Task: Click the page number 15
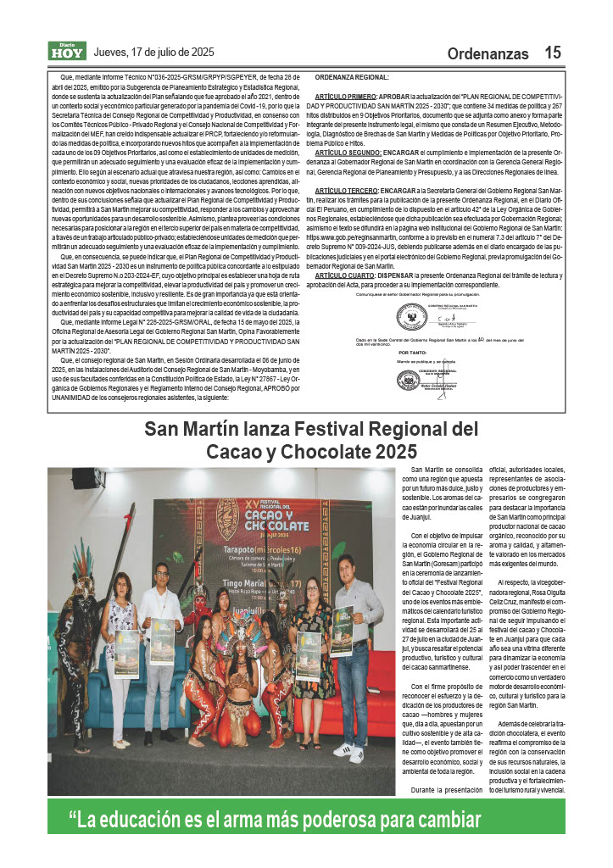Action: [x=552, y=53]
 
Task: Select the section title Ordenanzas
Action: [x=488, y=53]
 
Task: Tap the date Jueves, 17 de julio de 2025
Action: [x=154, y=52]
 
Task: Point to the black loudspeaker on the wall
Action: [x=84, y=476]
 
